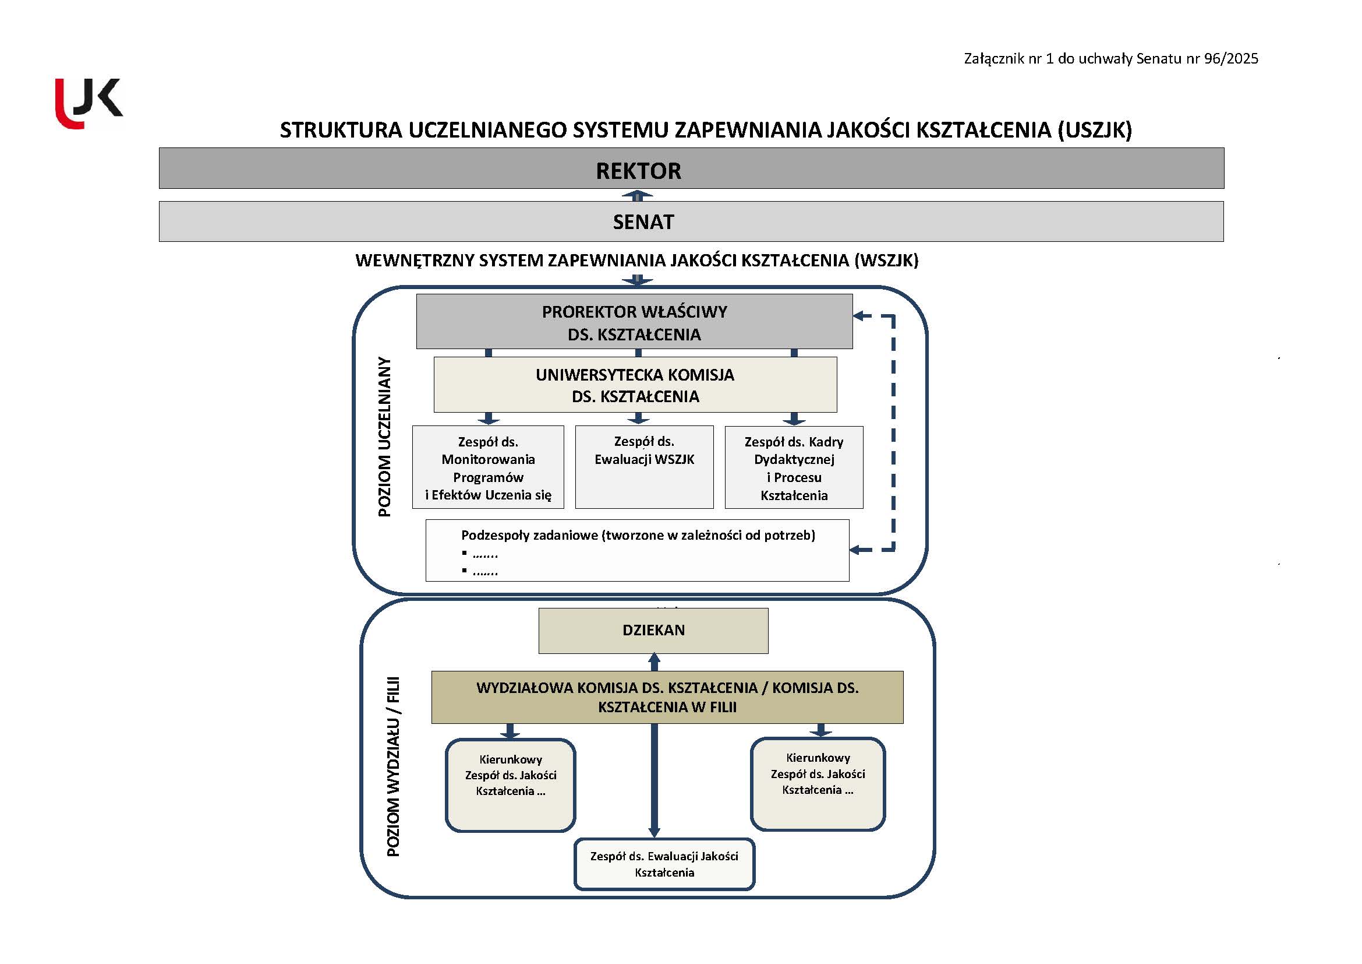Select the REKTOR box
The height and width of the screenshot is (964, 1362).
click(x=691, y=168)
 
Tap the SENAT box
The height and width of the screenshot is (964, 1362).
click(x=691, y=221)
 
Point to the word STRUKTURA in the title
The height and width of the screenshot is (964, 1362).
click(x=341, y=130)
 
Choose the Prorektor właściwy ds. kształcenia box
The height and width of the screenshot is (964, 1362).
click(x=634, y=322)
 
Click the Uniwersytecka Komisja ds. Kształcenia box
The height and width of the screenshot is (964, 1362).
click(x=635, y=385)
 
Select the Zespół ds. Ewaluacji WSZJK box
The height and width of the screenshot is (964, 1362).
click(x=644, y=467)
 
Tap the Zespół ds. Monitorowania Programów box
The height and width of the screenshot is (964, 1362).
click(x=487, y=467)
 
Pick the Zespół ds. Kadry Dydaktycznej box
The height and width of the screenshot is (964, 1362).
click(x=794, y=467)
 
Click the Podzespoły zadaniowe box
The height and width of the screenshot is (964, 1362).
click(x=637, y=550)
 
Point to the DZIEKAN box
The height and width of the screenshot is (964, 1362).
click(x=653, y=631)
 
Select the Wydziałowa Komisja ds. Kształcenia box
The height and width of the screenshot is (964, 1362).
click(x=667, y=697)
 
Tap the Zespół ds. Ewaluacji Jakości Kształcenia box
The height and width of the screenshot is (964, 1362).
click(x=664, y=864)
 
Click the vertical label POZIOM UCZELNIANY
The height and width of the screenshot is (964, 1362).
click(x=385, y=437)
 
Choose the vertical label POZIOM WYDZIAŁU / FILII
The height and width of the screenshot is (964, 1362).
click(x=393, y=766)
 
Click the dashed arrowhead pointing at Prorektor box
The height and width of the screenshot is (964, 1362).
click(x=858, y=316)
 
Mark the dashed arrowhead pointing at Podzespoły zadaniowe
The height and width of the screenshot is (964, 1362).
click(x=855, y=550)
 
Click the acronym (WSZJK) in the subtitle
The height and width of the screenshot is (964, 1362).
click(x=886, y=261)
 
